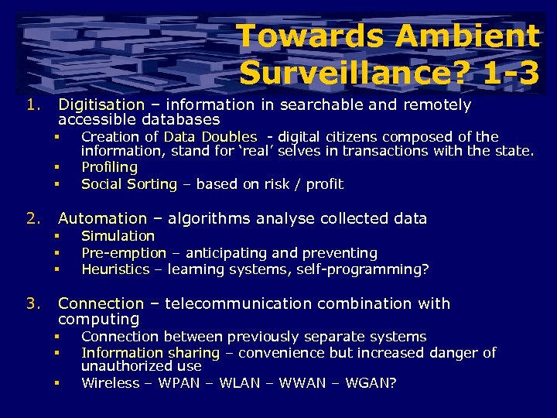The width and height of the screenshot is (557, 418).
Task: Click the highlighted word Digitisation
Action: (x=101, y=104)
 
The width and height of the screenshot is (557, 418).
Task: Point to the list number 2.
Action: (x=32, y=219)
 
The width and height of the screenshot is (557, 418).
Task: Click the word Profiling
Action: (x=109, y=167)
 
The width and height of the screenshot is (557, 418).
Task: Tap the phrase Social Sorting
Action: (x=129, y=184)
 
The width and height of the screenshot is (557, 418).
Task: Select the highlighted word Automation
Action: (x=102, y=219)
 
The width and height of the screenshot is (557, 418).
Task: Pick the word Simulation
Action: (x=118, y=236)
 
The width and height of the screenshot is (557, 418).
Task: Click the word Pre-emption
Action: (x=124, y=253)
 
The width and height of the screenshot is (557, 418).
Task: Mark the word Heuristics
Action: (x=115, y=269)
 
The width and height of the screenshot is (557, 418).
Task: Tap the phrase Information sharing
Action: (x=151, y=353)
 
